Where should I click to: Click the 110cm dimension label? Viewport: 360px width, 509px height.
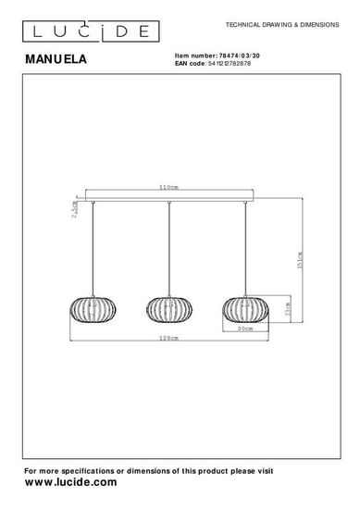(168, 187)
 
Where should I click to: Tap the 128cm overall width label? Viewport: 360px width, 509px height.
(168, 338)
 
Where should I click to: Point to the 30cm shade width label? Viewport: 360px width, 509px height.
(245, 329)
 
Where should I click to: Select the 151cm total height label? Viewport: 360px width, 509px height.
(300, 260)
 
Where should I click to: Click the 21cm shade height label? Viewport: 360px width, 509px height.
(288, 309)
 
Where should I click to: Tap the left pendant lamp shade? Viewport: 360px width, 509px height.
(93, 310)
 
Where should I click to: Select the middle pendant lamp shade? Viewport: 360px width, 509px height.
(169, 310)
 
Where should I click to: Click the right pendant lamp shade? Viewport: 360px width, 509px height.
(245, 310)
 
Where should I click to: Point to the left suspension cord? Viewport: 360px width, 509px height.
(93, 249)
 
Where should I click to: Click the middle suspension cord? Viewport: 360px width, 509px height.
(169, 249)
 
